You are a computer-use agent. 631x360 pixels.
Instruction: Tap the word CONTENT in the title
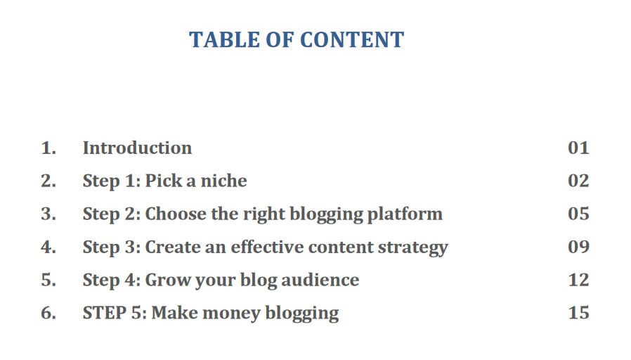pyautogui.click(x=352, y=40)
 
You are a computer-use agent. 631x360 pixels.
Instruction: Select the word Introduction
pyautogui.click(x=137, y=148)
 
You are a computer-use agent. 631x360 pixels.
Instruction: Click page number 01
pyautogui.click(x=579, y=148)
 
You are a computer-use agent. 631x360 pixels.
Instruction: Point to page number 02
pyautogui.click(x=579, y=181)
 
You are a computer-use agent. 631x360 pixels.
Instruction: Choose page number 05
pyautogui.click(x=579, y=214)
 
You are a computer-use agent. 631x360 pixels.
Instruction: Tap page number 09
pyautogui.click(x=579, y=247)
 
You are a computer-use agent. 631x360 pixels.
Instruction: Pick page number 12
pyautogui.click(x=579, y=280)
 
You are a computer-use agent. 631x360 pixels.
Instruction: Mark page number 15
pyautogui.click(x=579, y=313)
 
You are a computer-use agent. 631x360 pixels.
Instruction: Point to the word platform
pyautogui.click(x=405, y=214)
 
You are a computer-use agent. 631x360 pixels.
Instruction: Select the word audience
pyautogui.click(x=320, y=280)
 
